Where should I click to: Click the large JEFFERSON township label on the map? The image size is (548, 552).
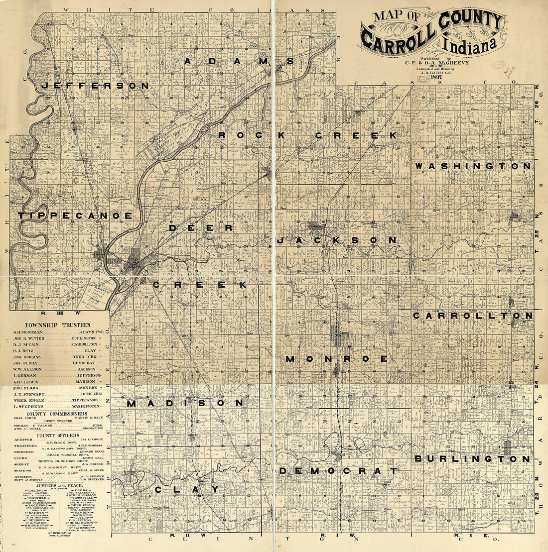coord(95,86)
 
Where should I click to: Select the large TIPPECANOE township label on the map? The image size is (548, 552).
coord(75,216)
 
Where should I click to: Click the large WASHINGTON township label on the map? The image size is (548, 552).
coord(473,165)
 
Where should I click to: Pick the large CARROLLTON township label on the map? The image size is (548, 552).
coord(473,316)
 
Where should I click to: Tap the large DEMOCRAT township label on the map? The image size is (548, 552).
coord(338,470)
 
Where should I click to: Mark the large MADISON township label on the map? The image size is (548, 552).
coord(185,403)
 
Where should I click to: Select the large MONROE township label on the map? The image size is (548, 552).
coord(337,358)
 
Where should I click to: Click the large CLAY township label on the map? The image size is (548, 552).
coord(179,489)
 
